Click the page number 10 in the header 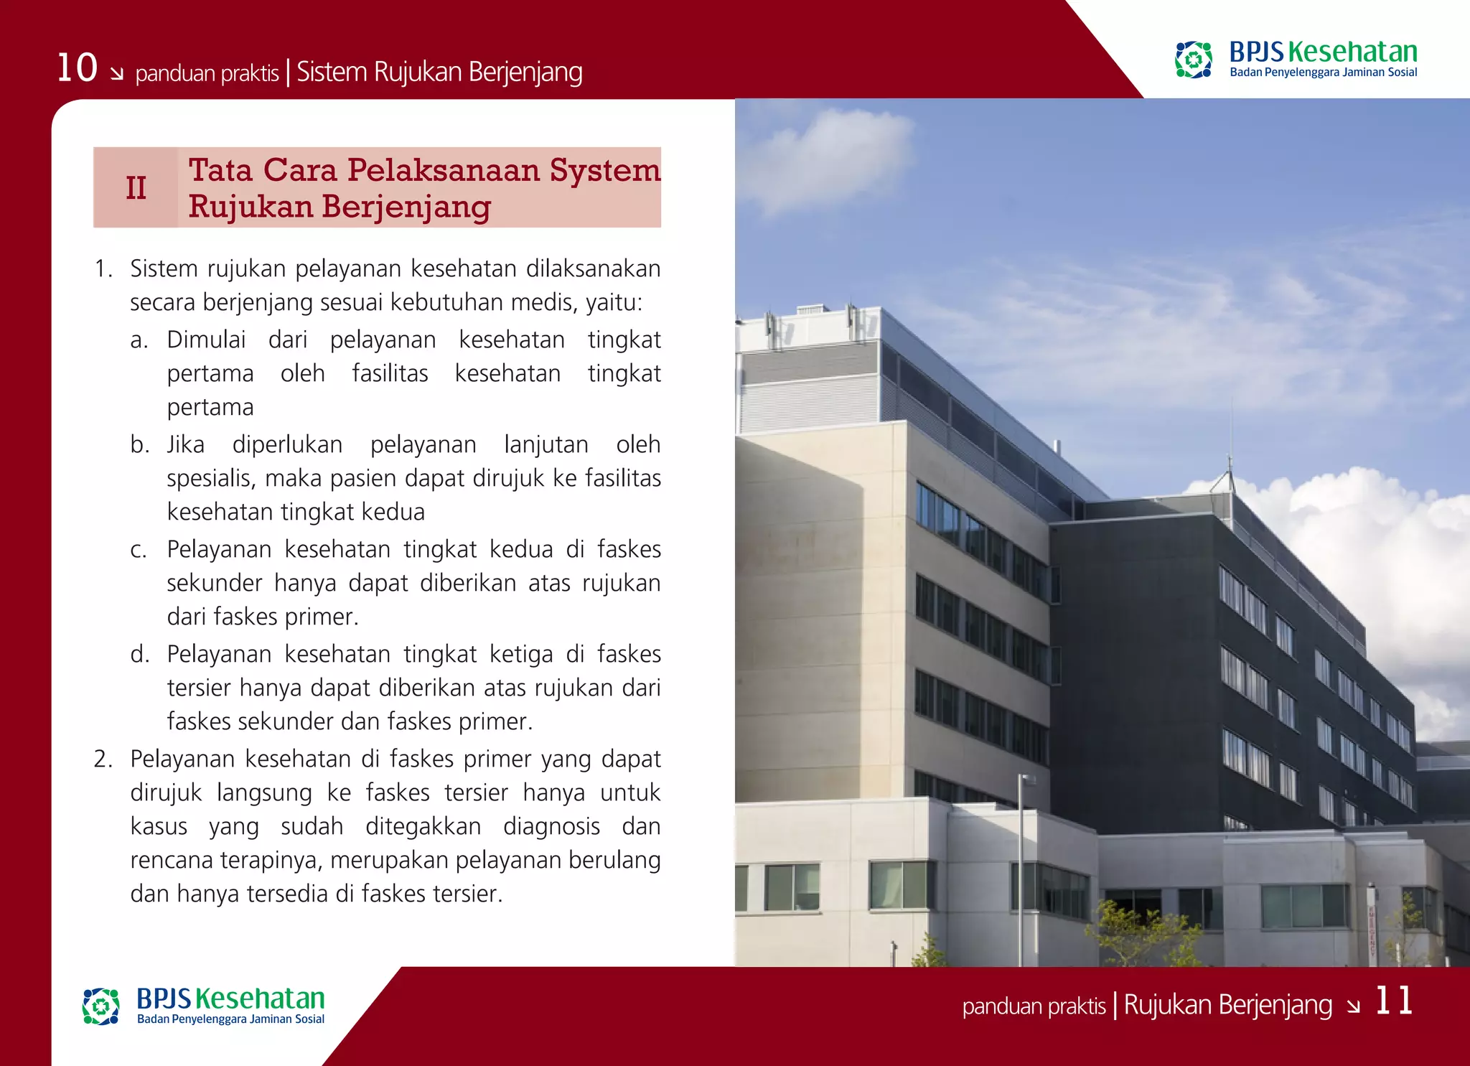77,68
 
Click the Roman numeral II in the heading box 136,188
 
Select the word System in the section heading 604,171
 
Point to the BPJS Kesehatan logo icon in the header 1193,60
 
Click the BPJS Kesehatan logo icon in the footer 100,1006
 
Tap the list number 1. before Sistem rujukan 103,269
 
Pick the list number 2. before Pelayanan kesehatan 103,759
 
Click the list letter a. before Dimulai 139,340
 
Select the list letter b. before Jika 140,445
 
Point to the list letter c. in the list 139,551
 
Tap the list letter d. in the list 140,655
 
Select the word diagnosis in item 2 551,827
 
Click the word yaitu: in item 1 614,303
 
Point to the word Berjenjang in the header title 525,73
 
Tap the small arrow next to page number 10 116,73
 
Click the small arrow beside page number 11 1353,1006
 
